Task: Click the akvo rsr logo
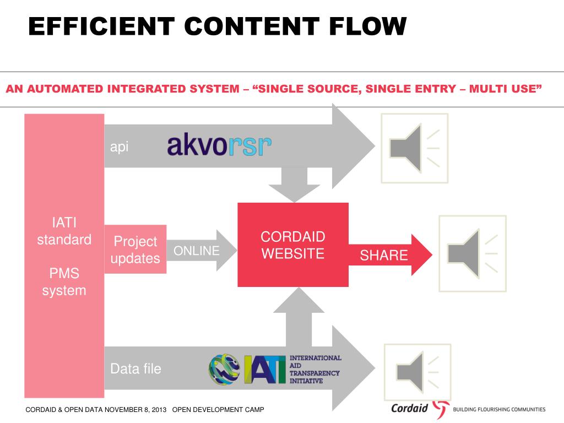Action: pos(219,146)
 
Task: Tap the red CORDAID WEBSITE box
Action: pos(292,245)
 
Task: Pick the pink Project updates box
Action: pos(135,250)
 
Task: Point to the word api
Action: pos(119,147)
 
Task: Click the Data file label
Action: pos(135,368)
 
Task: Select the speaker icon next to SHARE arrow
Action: pos(472,253)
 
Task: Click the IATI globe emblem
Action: pos(225,369)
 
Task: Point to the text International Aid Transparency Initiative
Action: pos(315,369)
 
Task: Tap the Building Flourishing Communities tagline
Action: pos(498,409)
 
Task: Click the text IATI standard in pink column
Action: pos(64,231)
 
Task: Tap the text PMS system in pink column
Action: pos(64,281)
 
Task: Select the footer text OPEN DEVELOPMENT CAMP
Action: pos(218,409)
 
